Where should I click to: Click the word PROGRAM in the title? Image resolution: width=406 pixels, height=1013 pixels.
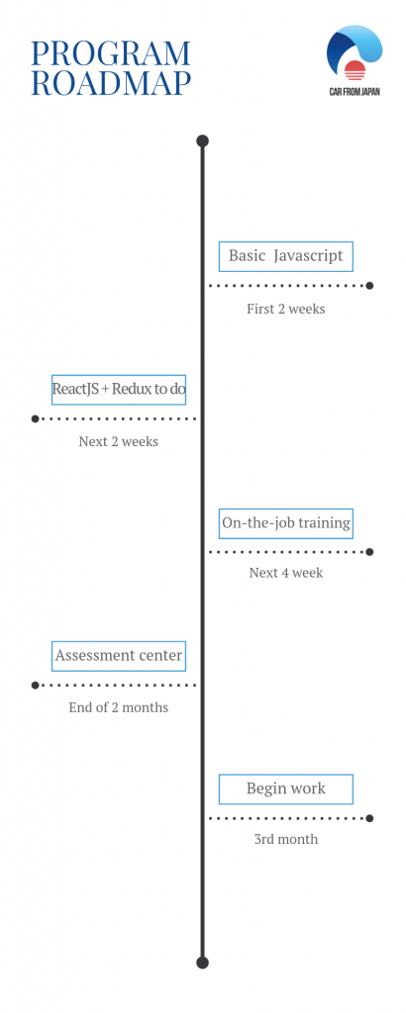click(111, 53)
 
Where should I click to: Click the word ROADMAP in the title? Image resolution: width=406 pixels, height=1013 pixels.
click(111, 83)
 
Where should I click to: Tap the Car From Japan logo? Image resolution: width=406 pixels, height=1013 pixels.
click(355, 60)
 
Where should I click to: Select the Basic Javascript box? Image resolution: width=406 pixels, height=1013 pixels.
click(286, 256)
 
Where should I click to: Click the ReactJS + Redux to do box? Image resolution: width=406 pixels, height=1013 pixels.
click(119, 390)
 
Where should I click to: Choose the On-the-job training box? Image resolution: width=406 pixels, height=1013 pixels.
click(286, 523)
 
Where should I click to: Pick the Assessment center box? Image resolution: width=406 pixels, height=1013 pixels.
click(119, 657)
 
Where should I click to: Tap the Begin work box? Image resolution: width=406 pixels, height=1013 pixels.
click(286, 789)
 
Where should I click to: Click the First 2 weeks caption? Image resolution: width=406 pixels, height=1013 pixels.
click(286, 309)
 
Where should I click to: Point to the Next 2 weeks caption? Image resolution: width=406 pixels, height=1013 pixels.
click(118, 442)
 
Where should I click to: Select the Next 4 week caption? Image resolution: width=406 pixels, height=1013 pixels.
click(286, 573)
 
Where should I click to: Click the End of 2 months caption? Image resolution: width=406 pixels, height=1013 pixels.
click(118, 707)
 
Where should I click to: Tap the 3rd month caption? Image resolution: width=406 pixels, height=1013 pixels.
click(286, 839)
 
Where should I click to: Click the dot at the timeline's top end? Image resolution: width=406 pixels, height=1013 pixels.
click(202, 140)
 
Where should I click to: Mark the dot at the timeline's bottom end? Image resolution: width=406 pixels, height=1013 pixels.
click(202, 963)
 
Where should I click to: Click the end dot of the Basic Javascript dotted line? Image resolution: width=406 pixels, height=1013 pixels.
click(369, 286)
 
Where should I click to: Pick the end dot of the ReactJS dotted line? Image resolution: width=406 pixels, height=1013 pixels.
click(35, 418)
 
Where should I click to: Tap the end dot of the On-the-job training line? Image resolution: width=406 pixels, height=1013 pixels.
click(369, 552)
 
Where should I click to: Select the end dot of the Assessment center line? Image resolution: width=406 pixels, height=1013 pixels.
click(35, 685)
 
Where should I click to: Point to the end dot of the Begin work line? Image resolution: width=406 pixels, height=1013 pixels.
click(369, 818)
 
